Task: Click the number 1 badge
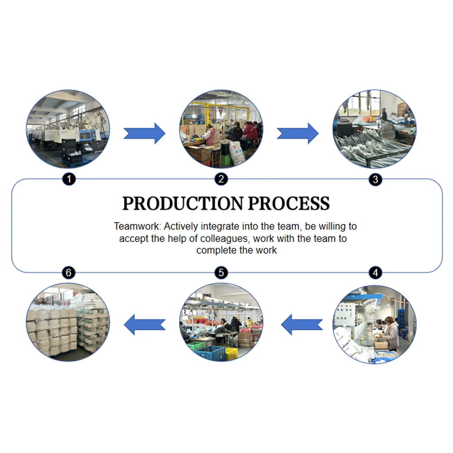68,179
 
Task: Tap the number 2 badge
221,179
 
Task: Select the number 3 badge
375,179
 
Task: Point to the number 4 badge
375,273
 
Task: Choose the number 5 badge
221,273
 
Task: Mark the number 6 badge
68,273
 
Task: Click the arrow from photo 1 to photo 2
145,133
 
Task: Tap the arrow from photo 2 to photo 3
298,133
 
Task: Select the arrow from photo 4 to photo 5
302,324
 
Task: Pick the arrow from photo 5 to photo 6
145,324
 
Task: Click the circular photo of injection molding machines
68,129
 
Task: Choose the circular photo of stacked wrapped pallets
68,322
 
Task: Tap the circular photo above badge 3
375,129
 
